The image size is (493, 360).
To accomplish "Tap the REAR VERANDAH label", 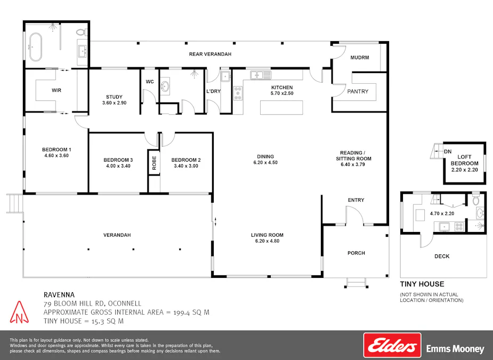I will [x=210, y=54].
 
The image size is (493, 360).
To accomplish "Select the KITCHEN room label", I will [x=282, y=87].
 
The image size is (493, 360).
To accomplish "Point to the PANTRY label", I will [x=358, y=91].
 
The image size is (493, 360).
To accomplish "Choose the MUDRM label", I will [x=360, y=58].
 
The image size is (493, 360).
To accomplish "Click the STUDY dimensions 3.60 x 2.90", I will [x=114, y=102].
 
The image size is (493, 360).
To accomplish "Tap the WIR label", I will [x=56, y=90].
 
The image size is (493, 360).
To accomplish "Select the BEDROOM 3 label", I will [x=118, y=160].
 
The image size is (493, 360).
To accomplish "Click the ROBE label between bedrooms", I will [x=154, y=163].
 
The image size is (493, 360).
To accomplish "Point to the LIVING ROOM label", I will [x=267, y=235].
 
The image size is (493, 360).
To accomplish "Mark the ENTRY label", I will [x=356, y=200].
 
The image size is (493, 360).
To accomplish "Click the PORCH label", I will [x=356, y=253].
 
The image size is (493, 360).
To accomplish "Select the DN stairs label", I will [x=447, y=151].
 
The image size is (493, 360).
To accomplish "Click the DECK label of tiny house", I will [x=442, y=256].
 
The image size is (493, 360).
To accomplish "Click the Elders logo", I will [x=392, y=346].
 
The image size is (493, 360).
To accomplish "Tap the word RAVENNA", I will [x=59, y=294].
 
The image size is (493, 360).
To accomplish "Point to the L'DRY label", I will [x=213, y=91].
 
